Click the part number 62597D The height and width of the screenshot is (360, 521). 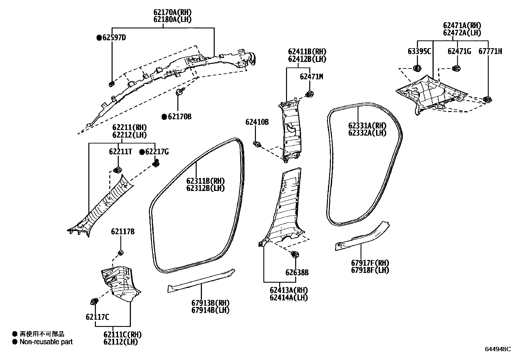pos(114,38)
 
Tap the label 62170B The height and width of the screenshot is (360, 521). pos(180,117)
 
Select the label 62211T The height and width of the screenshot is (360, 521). pos(120,152)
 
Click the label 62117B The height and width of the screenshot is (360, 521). pos(123,232)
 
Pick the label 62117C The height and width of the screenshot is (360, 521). pos(98,317)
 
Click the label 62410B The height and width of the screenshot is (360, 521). pos(257,122)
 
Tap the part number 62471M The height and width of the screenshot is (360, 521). pos(311,77)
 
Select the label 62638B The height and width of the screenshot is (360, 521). pos(297,273)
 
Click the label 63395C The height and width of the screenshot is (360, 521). pos(419,51)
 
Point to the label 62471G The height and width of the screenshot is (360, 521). pos(459,51)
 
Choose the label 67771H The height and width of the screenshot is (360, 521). pos(490,51)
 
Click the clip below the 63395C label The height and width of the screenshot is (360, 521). pos(417,68)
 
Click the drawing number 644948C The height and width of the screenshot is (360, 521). pos(497,349)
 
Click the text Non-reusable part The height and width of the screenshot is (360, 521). pos(46,342)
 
